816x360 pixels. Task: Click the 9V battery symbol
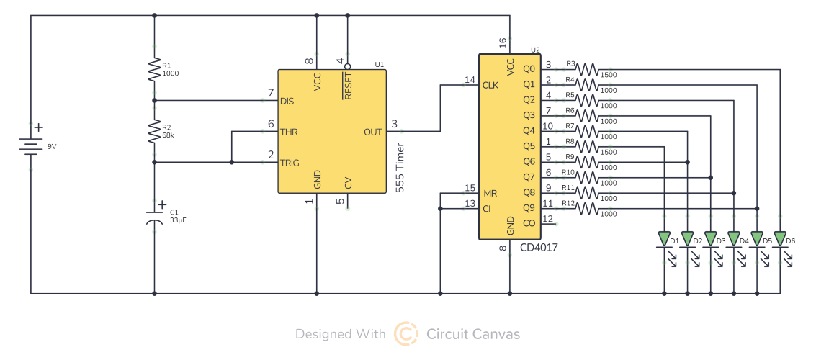[x=30, y=147]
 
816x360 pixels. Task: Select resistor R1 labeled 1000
[x=154, y=70]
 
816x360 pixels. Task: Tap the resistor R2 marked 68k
[x=154, y=132]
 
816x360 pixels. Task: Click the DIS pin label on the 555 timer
[x=287, y=102]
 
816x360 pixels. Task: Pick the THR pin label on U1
[x=289, y=132]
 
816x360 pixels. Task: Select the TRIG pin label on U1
[x=291, y=163]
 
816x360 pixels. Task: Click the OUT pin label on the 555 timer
[x=373, y=132]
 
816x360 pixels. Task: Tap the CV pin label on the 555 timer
[x=349, y=183]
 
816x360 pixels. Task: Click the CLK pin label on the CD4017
[x=490, y=85]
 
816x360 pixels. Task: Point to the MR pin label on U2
[x=490, y=194]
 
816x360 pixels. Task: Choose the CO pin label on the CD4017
[x=529, y=224]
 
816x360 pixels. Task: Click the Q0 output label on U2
[x=529, y=69]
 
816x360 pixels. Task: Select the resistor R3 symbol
[x=587, y=69]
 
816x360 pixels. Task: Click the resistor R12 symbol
[x=587, y=209]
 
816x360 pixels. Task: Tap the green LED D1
[x=664, y=238]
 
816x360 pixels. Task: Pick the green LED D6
[x=779, y=238]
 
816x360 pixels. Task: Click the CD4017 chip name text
[x=539, y=247]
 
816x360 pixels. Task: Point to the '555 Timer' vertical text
[x=400, y=168]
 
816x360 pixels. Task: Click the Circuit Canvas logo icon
[x=405, y=334]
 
